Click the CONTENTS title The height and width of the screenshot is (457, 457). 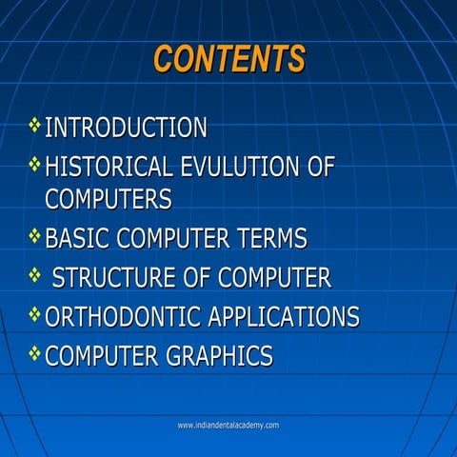point(228,59)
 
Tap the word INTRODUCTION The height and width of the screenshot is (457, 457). point(126,127)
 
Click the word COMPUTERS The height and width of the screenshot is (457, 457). point(109,199)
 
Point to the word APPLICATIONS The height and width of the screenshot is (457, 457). point(284,317)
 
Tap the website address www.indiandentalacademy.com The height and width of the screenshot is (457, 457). point(228,425)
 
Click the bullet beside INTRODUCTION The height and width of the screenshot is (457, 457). point(35,124)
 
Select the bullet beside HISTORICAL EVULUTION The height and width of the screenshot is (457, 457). point(35,165)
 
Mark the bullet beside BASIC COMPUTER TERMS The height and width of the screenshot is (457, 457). point(35,235)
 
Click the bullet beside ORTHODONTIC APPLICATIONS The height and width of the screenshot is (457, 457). point(35,314)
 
